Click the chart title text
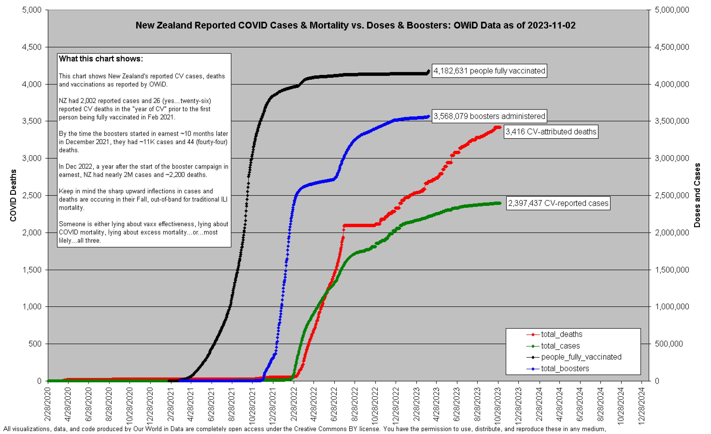(x=355, y=25)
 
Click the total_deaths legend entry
(x=561, y=334)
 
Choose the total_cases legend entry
(x=560, y=346)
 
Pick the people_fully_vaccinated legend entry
(x=581, y=357)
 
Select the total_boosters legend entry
(x=565, y=369)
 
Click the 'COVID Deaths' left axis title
(x=13, y=195)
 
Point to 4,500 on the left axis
(x=32, y=47)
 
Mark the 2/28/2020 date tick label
(x=48, y=404)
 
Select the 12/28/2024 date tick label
(x=641, y=406)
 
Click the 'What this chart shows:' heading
(x=101, y=59)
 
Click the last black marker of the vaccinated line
(x=428, y=71)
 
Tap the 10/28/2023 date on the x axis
(x=498, y=406)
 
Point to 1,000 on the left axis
(x=32, y=307)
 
